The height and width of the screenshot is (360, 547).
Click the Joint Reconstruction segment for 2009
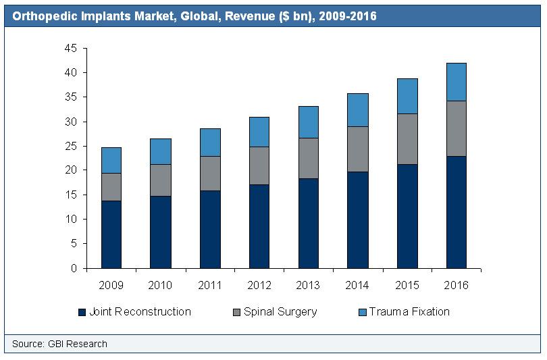click(111, 234)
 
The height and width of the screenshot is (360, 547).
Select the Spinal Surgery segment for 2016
click(456, 128)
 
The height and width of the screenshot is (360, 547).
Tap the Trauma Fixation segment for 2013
click(308, 122)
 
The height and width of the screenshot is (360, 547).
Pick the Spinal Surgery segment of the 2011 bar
click(209, 174)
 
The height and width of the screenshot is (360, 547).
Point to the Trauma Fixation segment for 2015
click(407, 96)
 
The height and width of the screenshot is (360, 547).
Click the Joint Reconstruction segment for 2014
click(357, 220)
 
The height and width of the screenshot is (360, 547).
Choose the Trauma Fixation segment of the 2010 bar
click(160, 151)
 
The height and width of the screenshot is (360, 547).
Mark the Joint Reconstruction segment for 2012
click(259, 226)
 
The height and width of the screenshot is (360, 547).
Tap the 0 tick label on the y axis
click(74, 268)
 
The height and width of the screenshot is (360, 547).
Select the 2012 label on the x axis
click(259, 285)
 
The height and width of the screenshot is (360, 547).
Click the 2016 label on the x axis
click(456, 285)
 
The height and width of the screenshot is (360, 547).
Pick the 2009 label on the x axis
click(111, 285)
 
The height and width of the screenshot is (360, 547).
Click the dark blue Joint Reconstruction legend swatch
click(82, 312)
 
